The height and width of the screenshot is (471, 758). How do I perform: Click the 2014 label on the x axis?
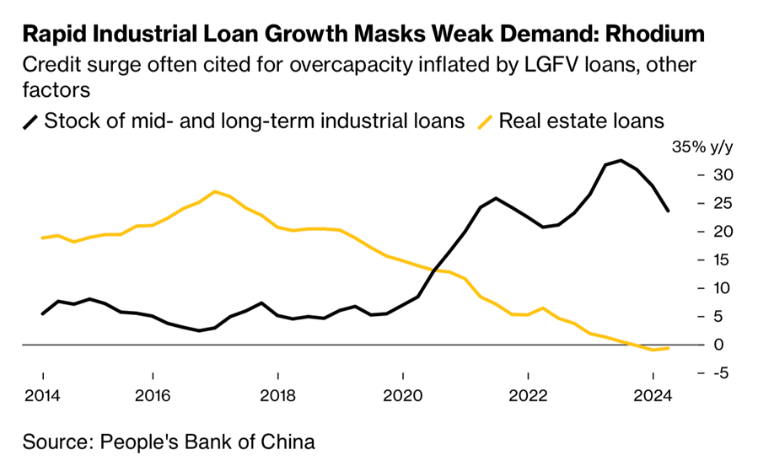click(x=42, y=396)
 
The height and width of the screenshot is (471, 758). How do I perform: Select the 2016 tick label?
click(x=152, y=396)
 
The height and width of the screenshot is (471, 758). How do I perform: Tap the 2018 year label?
click(x=277, y=396)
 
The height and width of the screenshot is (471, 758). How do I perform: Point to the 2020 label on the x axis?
click(x=403, y=396)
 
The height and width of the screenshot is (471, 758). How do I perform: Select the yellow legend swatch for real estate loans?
click(x=485, y=120)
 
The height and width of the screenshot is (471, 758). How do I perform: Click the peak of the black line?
click(x=621, y=160)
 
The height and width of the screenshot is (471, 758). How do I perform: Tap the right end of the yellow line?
click(x=669, y=347)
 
